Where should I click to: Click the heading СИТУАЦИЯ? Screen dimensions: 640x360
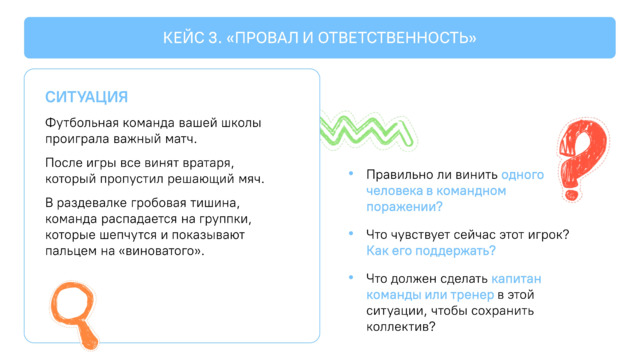(87, 97)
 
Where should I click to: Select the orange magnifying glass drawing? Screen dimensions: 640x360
(73, 312)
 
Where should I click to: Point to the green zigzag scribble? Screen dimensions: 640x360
(367, 131)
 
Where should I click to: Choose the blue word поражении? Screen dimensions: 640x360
(404, 207)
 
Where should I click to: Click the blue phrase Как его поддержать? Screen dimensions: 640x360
(431, 251)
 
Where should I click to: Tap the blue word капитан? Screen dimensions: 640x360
(516, 279)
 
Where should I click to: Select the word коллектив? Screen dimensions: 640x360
(401, 327)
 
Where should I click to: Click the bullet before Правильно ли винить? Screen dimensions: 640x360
(351, 173)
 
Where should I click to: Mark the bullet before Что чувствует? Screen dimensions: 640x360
(351, 233)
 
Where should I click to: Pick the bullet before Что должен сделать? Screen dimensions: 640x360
(351, 277)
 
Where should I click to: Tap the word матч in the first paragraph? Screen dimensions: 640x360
(181, 139)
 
